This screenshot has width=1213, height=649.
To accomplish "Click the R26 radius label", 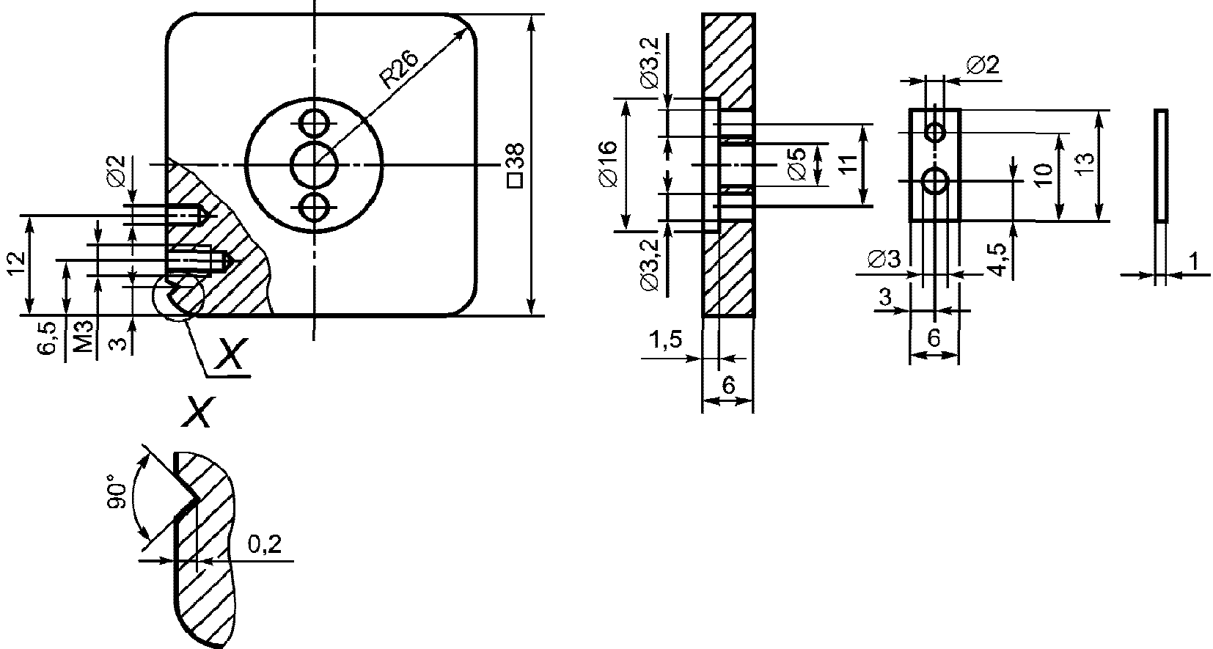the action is [400, 69].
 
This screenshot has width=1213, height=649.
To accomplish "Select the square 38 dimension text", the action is [516, 166].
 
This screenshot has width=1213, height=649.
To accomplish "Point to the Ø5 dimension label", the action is [797, 164].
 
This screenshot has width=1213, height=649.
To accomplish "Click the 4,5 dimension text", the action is [999, 260].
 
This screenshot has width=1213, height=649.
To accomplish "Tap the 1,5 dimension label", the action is [665, 340].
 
